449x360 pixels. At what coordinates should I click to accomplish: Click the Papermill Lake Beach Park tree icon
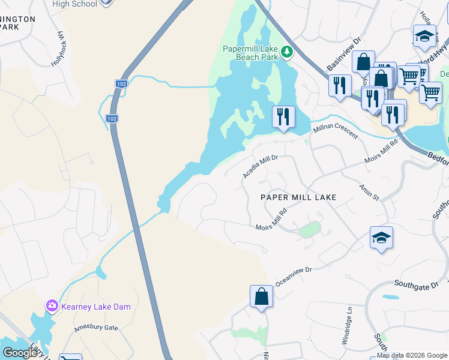288,52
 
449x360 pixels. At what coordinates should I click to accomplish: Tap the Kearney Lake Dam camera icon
52,307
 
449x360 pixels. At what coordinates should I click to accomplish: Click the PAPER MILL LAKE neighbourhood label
298,197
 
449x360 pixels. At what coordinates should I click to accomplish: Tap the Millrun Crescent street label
334,131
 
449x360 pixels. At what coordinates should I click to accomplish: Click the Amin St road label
369,193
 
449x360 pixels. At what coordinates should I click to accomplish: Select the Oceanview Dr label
294,275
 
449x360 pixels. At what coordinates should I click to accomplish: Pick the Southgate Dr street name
417,283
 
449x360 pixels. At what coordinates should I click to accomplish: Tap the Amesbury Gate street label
96,328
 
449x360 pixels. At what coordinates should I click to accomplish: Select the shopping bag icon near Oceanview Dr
261,296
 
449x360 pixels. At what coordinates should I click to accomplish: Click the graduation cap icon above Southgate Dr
381,238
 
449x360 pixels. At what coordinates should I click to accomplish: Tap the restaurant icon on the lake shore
283,116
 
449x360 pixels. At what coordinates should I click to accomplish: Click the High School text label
74,4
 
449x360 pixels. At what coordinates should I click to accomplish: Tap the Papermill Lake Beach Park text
250,52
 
